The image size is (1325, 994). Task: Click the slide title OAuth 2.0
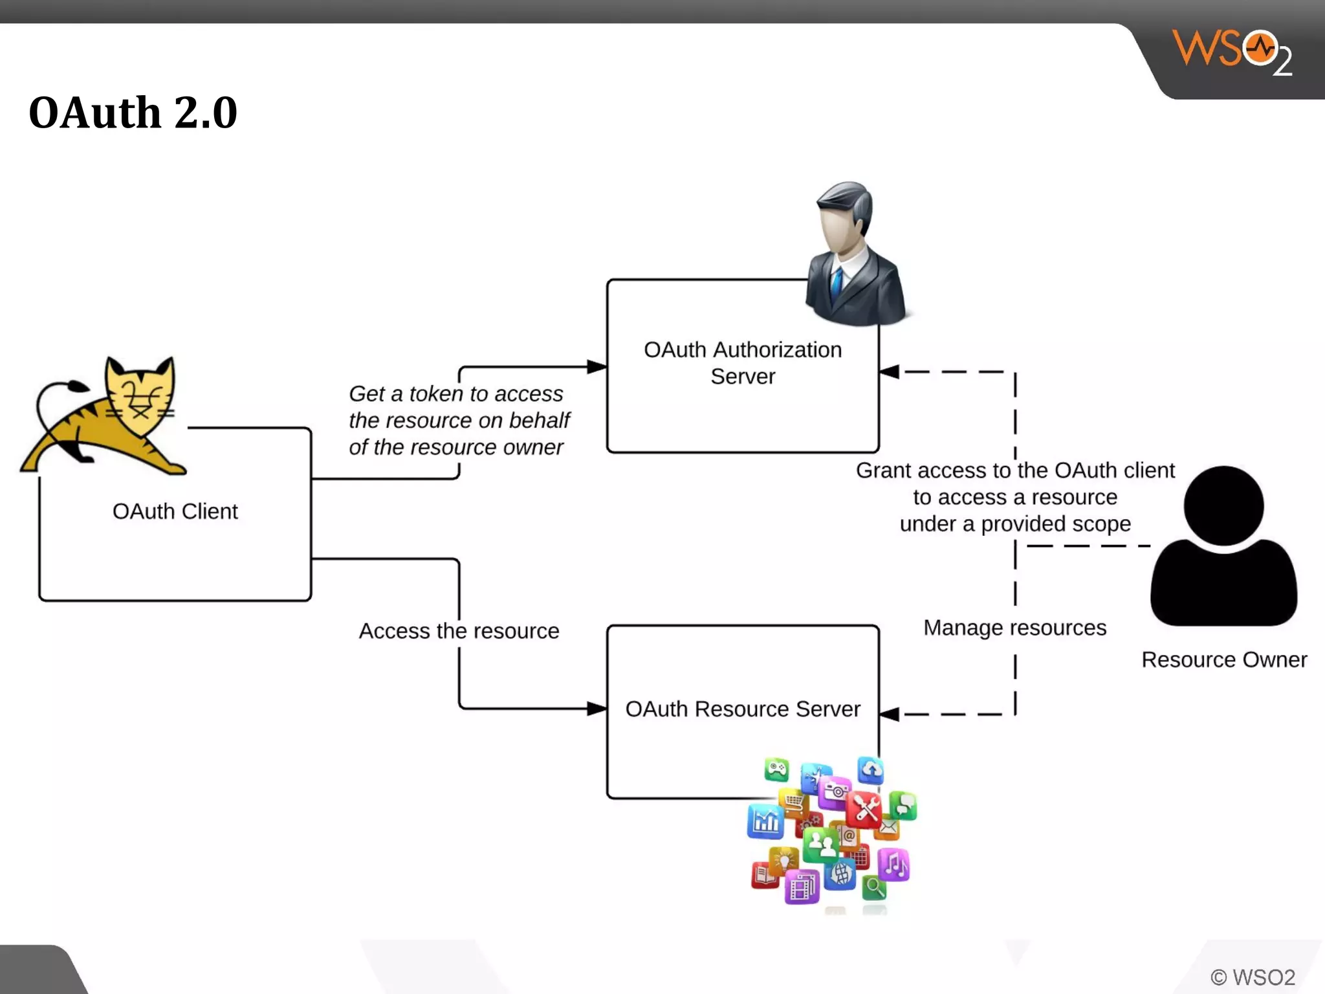click(133, 113)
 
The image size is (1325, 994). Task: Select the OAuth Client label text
click(175, 511)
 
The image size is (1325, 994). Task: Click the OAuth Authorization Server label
click(743, 362)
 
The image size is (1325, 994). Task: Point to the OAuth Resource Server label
click(743, 709)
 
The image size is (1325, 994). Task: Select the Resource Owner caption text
click(1223, 659)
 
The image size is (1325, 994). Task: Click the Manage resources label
click(1014, 628)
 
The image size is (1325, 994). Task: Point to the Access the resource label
click(459, 630)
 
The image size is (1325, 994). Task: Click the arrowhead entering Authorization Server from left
click(597, 367)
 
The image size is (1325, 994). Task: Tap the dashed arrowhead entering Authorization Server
click(890, 371)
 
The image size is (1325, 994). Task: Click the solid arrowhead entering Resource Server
click(597, 709)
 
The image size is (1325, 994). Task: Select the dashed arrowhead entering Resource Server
click(890, 714)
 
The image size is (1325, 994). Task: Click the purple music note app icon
click(894, 865)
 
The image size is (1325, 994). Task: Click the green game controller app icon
click(776, 769)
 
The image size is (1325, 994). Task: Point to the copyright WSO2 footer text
click(1253, 977)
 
